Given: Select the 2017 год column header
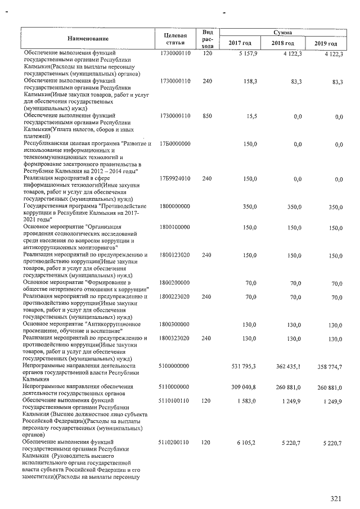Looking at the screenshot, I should tap(240, 43).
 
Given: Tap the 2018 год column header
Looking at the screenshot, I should tap(282, 43).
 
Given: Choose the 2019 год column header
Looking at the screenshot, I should tap(325, 43).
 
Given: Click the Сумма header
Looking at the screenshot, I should tap(282, 33).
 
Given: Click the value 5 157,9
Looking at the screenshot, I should tap(247, 53).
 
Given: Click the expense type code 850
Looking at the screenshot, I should tap(207, 116).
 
